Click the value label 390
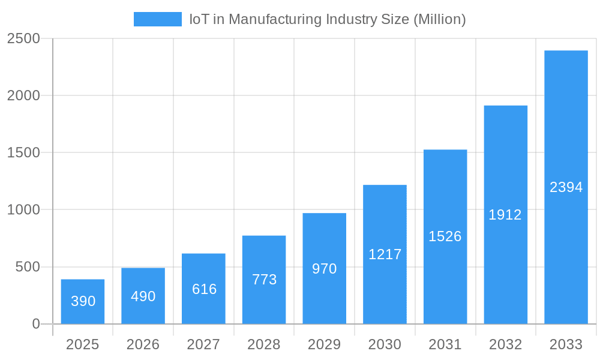click(x=83, y=301)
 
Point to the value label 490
click(x=143, y=296)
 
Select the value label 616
click(x=204, y=289)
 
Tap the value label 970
click(x=325, y=269)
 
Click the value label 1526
click(x=445, y=236)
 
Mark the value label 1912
click(x=505, y=215)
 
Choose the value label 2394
click(x=566, y=187)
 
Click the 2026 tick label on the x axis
click(x=143, y=344)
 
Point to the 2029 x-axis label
click(x=325, y=344)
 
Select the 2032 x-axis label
click(x=505, y=344)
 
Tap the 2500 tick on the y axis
click(x=23, y=39)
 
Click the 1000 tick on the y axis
click(x=23, y=210)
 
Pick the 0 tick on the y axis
click(x=35, y=324)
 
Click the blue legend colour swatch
click(x=157, y=19)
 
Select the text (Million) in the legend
click(x=440, y=19)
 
